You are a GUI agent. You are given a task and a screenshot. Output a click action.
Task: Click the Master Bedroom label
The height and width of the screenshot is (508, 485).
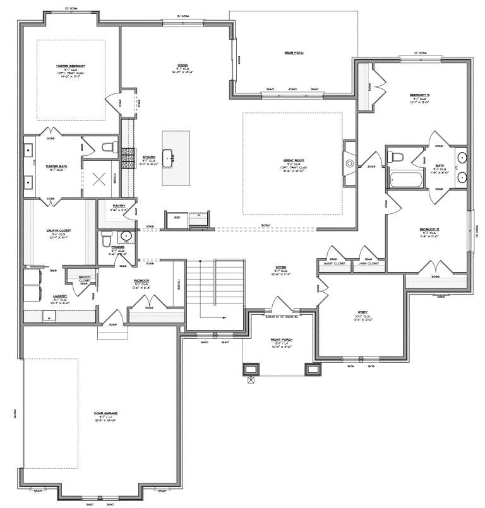(70, 66)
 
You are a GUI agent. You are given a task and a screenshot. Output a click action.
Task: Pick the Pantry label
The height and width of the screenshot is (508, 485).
(118, 206)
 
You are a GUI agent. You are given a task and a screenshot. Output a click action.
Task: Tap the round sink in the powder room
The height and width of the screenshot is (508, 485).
(126, 237)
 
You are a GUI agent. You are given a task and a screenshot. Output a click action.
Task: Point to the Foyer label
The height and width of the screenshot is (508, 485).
(281, 267)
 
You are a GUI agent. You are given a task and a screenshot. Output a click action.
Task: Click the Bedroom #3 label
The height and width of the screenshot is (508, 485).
(420, 95)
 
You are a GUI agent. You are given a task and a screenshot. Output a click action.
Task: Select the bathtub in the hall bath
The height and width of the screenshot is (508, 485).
(405, 180)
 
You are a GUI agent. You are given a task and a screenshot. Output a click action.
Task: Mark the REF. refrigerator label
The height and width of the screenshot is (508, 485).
(177, 218)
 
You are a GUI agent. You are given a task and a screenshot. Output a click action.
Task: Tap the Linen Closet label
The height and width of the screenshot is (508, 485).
(368, 263)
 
